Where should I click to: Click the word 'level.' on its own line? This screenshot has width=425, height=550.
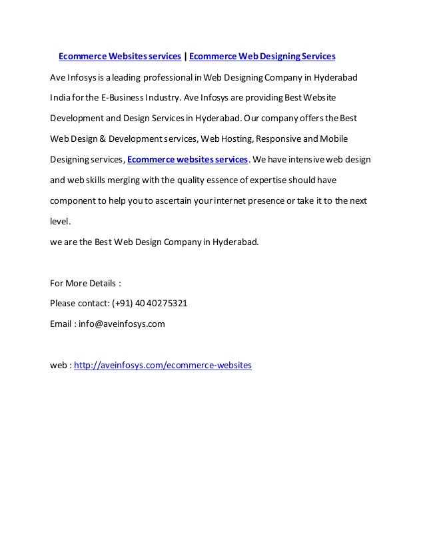click(61, 222)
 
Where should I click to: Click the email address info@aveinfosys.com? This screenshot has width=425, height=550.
click(122, 324)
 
